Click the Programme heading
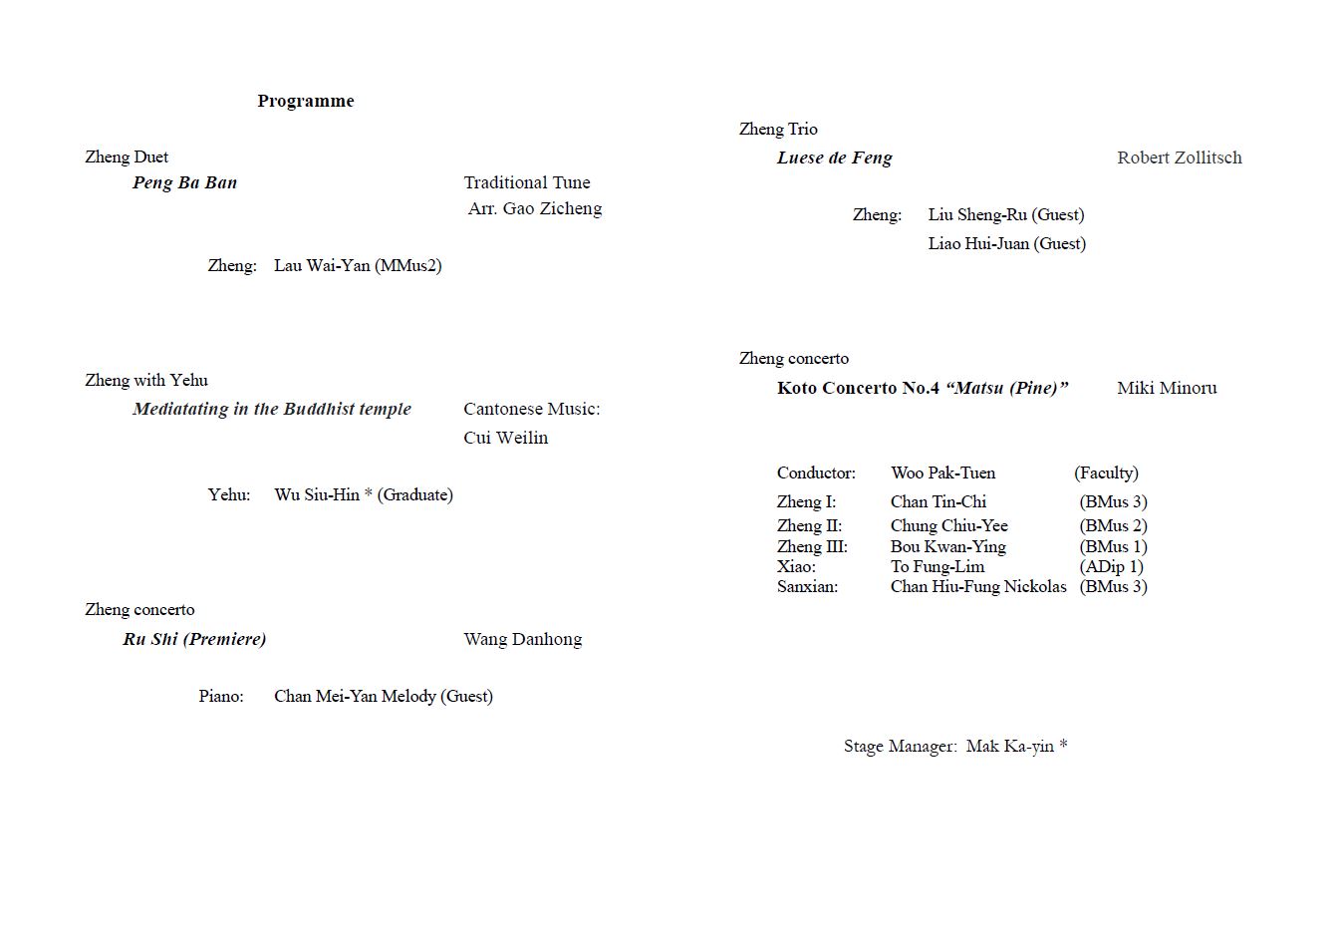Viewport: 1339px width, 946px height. coord(305,101)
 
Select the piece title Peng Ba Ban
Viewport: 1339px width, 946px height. coord(184,182)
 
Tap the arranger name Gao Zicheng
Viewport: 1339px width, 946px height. coord(552,208)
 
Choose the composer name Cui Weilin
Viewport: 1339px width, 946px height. coord(505,438)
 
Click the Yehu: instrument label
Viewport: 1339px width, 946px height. coord(229,494)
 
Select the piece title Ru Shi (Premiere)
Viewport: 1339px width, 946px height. coord(194,639)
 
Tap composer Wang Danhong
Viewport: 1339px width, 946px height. coord(522,639)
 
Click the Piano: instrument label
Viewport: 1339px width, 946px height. coord(220,696)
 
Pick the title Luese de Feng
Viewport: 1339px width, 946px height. coord(834,158)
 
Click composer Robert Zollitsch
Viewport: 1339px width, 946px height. coord(1179,158)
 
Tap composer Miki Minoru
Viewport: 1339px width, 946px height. coord(1166,388)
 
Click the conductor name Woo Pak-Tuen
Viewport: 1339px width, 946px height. coord(942,473)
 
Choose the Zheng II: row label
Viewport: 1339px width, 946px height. coord(809,525)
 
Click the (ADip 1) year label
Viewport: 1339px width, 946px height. coord(1111,566)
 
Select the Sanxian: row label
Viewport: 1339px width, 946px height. coord(807,586)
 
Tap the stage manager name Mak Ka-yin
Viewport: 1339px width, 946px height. coord(1009,746)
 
